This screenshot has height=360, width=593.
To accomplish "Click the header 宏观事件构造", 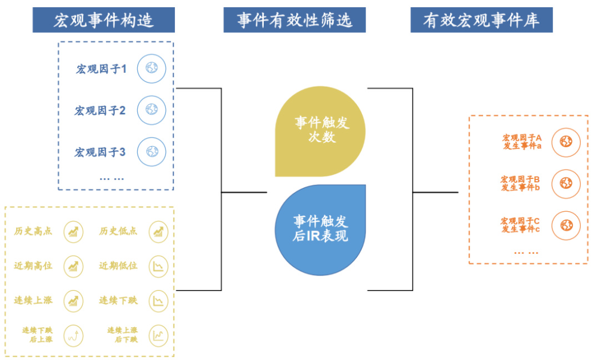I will [103, 21].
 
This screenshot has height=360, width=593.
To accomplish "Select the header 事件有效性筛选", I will [294, 21].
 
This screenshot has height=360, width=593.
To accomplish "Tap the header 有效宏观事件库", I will [481, 21].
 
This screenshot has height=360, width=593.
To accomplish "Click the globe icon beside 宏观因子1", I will [152, 68].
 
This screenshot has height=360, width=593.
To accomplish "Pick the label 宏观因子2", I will [100, 111].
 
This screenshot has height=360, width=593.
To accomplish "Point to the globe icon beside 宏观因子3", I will [152, 151].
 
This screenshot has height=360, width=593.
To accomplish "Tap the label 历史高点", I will [33, 231].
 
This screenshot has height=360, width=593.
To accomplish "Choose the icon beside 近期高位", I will [73, 266].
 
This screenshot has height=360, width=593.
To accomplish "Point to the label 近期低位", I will [118, 266].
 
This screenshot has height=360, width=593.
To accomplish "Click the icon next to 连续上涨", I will [73, 301].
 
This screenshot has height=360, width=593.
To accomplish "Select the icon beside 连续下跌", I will [159, 301].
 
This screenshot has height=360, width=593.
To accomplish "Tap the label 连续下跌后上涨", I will [37, 334].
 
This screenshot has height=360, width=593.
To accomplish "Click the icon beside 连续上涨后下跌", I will [159, 335].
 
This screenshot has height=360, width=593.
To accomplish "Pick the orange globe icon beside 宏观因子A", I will [566, 142].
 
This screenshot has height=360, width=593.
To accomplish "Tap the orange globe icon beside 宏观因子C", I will [566, 225].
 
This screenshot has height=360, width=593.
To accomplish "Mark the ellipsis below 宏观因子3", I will [112, 178].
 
